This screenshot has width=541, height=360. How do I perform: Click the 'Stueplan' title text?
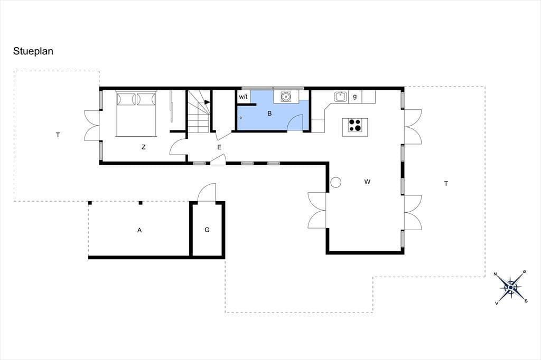33,51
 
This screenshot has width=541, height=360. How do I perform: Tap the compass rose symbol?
510,287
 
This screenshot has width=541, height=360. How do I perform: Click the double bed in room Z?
136,113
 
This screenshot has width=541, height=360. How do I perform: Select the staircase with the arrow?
199,111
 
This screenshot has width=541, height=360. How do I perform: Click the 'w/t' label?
243,97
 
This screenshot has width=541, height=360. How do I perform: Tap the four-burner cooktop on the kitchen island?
355,126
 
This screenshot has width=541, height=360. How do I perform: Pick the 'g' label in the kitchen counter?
355,97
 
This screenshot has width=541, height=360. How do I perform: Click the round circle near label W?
335,182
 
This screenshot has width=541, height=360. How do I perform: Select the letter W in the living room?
367,182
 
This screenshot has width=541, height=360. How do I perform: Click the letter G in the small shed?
207,230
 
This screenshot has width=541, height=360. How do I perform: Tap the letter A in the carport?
139,230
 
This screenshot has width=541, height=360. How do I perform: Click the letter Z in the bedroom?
144,147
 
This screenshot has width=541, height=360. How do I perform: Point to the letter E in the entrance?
219,147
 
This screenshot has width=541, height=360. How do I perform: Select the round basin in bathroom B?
286,97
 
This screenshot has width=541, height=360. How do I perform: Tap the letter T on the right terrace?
446,184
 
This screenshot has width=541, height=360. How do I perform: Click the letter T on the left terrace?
58,135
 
